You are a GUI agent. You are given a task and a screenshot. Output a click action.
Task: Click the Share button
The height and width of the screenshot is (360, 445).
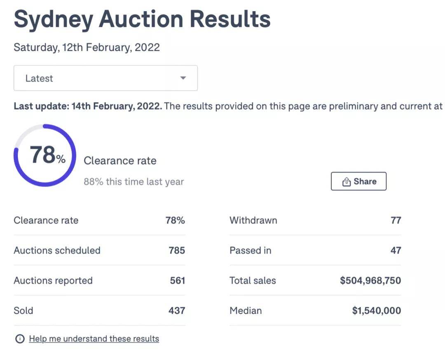pyautogui.click(x=358, y=182)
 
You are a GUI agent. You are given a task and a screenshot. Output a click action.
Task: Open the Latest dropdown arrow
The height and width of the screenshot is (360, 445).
pyautogui.click(x=183, y=78)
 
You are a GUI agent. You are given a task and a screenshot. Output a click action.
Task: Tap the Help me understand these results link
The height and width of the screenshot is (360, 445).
pyautogui.click(x=94, y=339)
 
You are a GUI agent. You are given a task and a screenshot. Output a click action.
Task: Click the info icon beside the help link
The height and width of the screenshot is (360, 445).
pyautogui.click(x=20, y=339)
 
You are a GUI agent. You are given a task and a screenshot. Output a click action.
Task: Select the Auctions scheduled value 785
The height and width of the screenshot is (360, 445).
pyautogui.click(x=177, y=250)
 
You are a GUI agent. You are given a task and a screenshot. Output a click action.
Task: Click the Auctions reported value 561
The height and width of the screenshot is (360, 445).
pyautogui.click(x=177, y=281)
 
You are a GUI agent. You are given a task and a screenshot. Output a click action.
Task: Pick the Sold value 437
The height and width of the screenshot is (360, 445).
pyautogui.click(x=177, y=311)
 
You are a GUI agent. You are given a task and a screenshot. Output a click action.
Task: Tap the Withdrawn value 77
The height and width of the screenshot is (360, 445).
pyautogui.click(x=396, y=220)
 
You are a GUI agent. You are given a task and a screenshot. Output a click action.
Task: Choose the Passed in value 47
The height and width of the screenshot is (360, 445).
pyautogui.click(x=396, y=250)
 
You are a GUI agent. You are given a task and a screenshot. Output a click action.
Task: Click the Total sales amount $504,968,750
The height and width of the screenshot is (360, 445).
pyautogui.click(x=370, y=281)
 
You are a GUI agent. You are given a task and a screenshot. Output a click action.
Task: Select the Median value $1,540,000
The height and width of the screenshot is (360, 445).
pyautogui.click(x=376, y=311)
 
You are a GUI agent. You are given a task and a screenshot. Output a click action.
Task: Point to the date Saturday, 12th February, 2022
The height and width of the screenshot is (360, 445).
pyautogui.click(x=87, y=47)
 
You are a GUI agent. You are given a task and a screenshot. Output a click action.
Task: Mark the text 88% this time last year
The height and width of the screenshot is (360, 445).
pyautogui.click(x=133, y=182)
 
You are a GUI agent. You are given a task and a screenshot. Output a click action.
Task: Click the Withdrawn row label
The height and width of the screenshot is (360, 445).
pyautogui.click(x=253, y=220)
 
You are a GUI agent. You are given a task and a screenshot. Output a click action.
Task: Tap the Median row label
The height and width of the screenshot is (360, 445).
pyautogui.click(x=246, y=311)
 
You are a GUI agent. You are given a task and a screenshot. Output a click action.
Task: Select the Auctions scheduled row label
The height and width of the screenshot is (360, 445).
pyautogui.click(x=57, y=250)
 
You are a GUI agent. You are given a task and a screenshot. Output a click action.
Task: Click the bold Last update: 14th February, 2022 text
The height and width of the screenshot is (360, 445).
pyautogui.click(x=87, y=106)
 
